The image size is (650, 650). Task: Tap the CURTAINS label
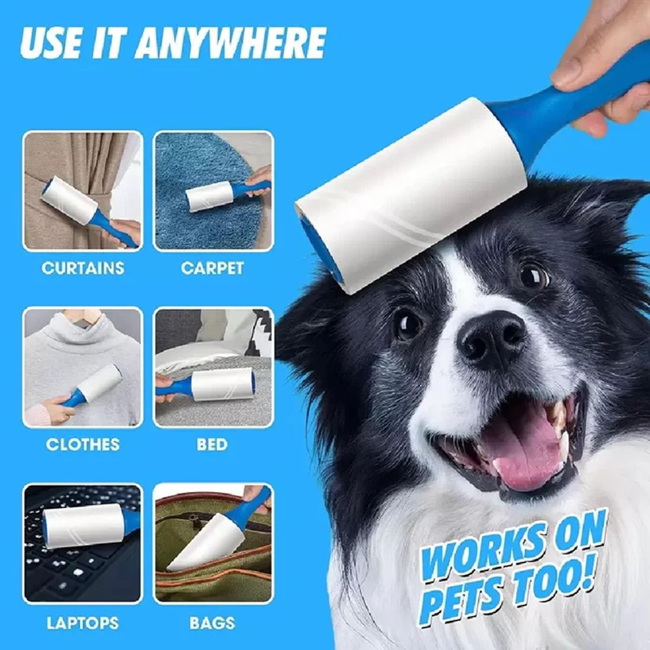click(83, 268)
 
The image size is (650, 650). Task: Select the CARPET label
click(212, 268)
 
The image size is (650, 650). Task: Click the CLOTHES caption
click(83, 445)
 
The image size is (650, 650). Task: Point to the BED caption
click(212, 445)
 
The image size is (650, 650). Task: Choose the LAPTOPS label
click(83, 623)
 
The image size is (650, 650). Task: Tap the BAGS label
click(212, 623)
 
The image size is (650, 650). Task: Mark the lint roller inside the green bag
click(204, 542)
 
